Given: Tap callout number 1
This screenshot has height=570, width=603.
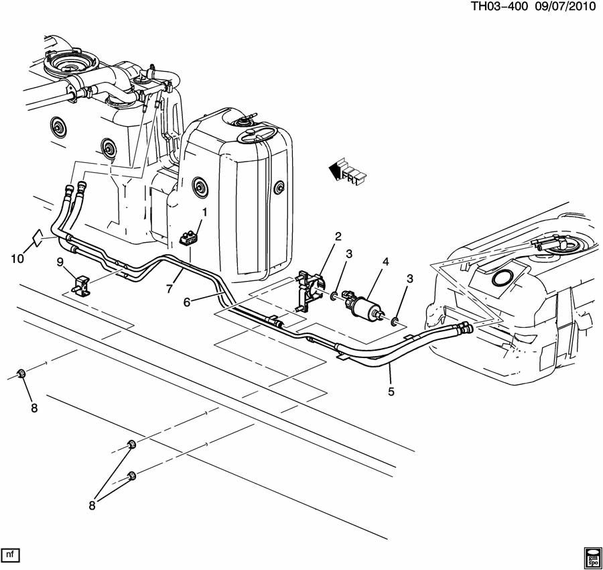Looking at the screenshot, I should coord(204,212).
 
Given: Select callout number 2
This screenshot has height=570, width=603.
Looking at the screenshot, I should coord(338,236).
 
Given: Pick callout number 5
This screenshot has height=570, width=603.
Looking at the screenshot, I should coord(391,388).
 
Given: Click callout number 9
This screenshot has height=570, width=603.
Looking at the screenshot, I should coord(60,261).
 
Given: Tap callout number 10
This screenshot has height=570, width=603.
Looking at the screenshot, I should coord(16,258).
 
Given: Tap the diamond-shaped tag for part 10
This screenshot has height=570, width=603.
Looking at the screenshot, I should coord(40,236).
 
